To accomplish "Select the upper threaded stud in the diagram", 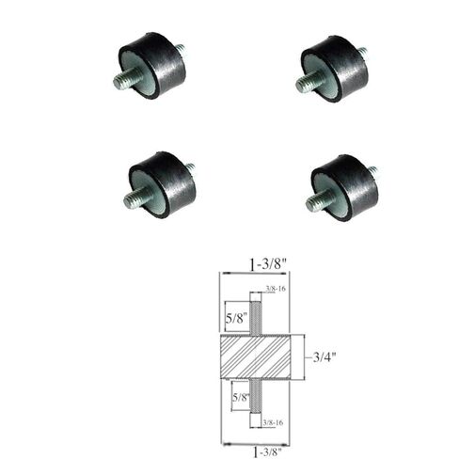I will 254,310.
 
